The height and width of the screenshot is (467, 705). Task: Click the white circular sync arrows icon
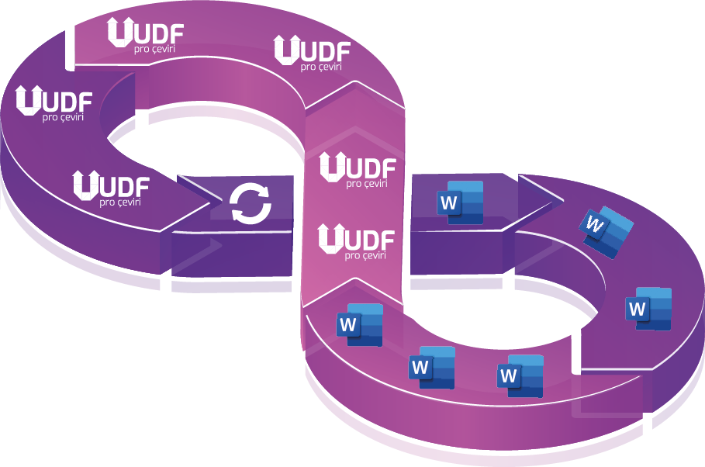tap(251, 204)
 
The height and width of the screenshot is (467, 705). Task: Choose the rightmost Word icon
tap(650, 308)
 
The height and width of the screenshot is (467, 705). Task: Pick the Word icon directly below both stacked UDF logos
tap(360, 324)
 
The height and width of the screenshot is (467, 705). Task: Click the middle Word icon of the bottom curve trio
tap(432, 366)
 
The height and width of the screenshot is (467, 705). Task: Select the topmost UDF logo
tap(147, 35)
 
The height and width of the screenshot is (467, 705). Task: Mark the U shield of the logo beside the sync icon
tap(85, 185)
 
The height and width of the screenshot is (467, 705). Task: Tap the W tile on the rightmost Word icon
tap(638, 310)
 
